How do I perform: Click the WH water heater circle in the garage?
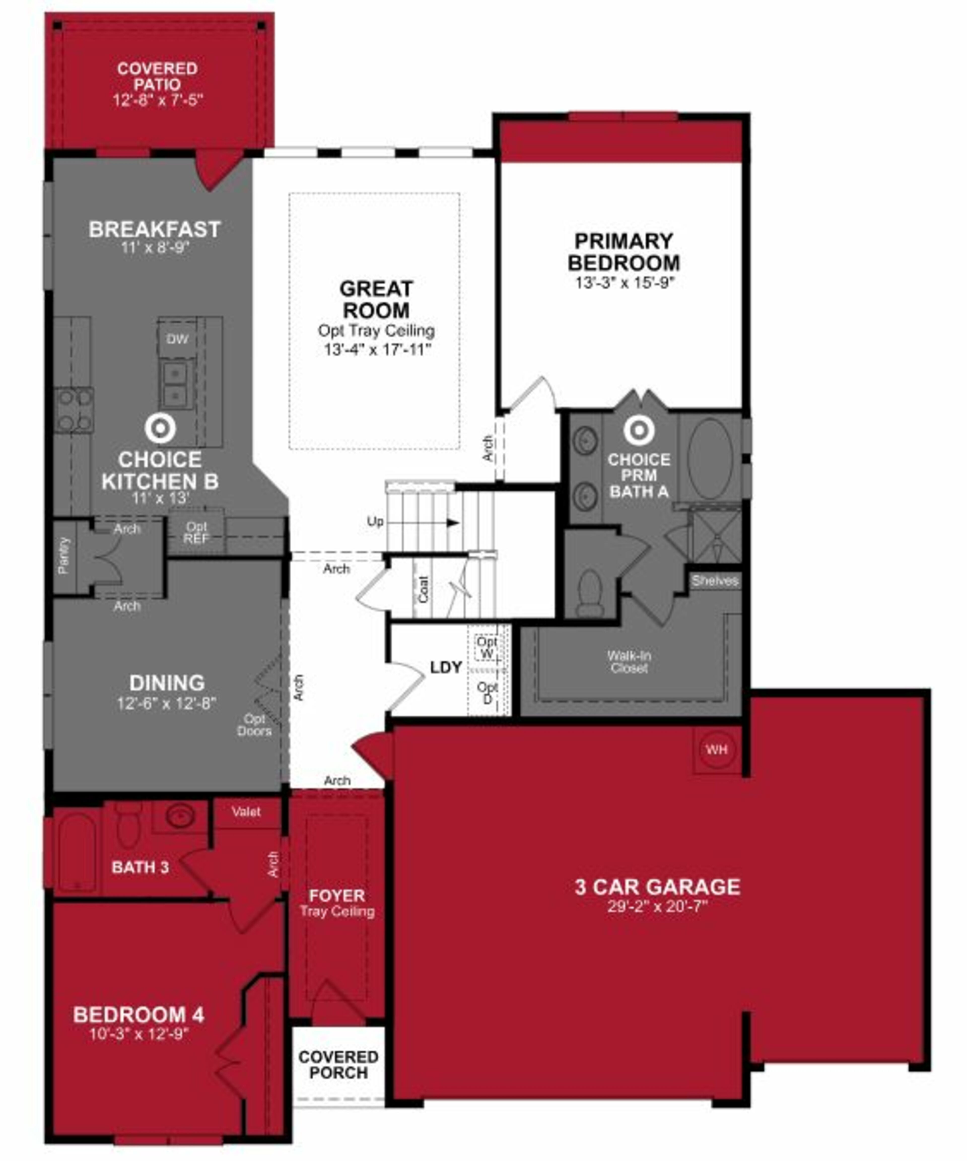716,750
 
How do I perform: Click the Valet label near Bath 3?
246,812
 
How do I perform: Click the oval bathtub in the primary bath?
710,459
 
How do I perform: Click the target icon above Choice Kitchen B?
160,428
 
